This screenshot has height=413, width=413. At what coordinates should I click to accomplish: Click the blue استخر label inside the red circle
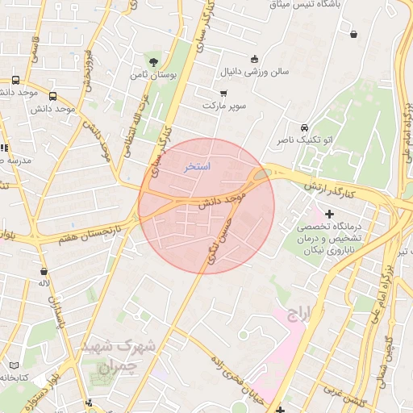click(198, 167)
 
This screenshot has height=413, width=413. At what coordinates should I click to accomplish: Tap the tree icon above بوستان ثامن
click(153, 61)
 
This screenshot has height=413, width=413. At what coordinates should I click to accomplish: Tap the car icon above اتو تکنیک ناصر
click(303, 127)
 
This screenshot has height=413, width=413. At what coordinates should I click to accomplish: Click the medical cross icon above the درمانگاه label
click(328, 214)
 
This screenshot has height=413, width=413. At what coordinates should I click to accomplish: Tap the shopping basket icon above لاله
click(43, 272)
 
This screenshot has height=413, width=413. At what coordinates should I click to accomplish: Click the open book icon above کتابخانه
click(14, 365)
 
